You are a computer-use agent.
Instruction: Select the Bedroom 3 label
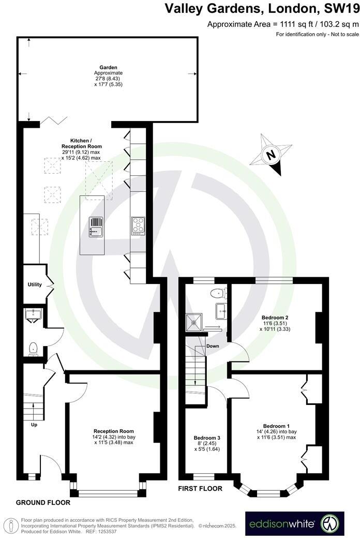click(x=206, y=438)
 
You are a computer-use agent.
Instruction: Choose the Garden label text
click(x=109, y=67)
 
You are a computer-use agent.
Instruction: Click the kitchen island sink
click(x=96, y=225)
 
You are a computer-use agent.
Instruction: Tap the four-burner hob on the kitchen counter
click(x=138, y=225)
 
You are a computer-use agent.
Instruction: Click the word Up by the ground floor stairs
click(x=35, y=425)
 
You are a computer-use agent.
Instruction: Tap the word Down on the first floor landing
click(x=212, y=345)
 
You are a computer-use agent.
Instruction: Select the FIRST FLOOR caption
click(x=200, y=488)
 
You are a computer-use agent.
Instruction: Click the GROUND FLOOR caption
click(x=43, y=502)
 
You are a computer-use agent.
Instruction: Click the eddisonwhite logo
click(x=294, y=523)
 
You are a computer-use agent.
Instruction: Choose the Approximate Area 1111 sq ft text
click(x=282, y=24)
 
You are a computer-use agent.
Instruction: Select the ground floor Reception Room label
click(x=114, y=431)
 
